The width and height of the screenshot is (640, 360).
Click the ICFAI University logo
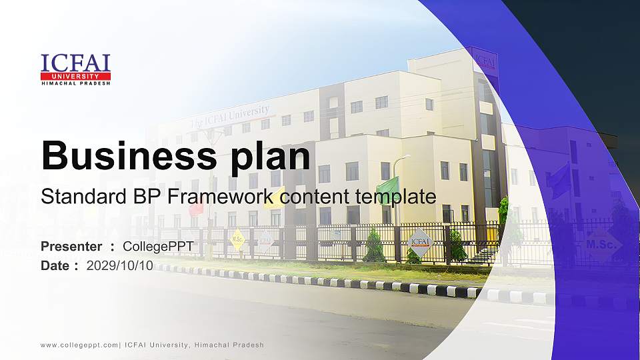coord(75,69)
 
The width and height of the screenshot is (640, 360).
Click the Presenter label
coord(71,247)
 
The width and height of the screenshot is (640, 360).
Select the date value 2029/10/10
coord(120,265)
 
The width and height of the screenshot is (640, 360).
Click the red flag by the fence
coord(196,207)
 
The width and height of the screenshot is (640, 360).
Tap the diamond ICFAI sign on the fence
coord(420,242)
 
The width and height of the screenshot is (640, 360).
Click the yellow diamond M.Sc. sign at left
coord(237,238)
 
